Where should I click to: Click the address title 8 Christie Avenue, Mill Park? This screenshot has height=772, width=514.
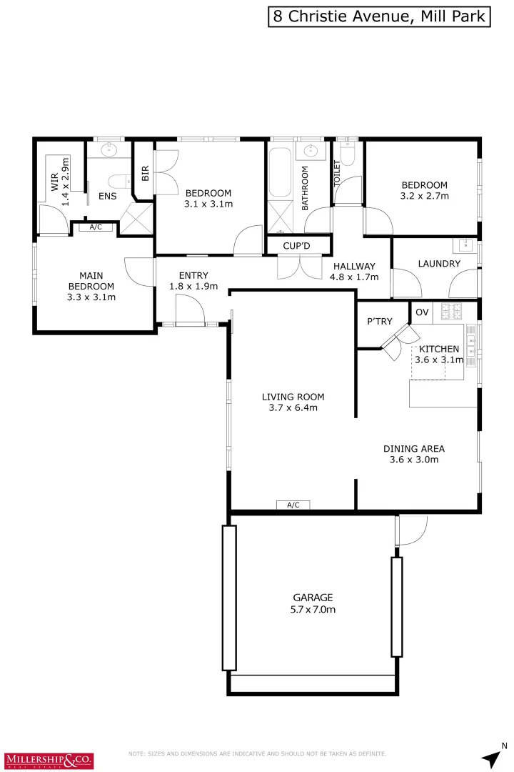[x=380, y=16]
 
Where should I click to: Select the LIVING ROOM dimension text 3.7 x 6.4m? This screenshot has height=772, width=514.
[x=293, y=408]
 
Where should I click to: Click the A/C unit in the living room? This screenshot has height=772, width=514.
[x=293, y=505]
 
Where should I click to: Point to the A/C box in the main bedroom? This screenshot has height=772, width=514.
[x=95, y=227]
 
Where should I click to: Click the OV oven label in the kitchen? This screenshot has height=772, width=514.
[x=422, y=312]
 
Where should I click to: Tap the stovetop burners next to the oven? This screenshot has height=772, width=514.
[x=452, y=312]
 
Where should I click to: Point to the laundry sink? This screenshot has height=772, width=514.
[x=468, y=247]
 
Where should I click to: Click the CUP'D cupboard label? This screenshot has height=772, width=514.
[x=298, y=247]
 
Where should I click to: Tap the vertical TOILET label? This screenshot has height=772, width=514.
[x=338, y=174]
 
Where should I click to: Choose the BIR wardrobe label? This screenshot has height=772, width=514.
[x=145, y=173]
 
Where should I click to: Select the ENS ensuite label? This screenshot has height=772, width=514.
[x=108, y=196]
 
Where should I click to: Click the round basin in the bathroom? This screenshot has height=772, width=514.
[x=311, y=151]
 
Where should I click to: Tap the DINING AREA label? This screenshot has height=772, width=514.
[x=414, y=449]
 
